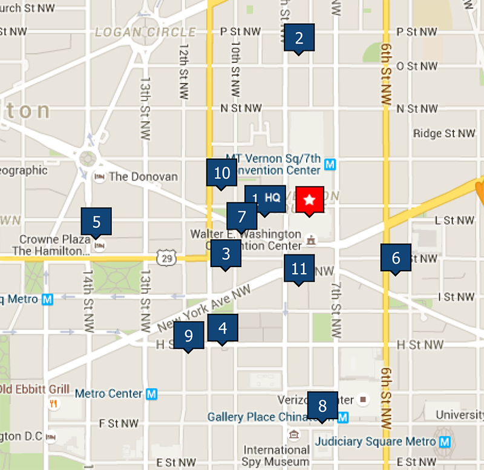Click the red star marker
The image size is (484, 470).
310,199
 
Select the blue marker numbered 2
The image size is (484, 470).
299,38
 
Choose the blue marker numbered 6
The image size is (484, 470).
396,258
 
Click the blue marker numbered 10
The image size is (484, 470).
222,173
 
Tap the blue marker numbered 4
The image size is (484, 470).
223,328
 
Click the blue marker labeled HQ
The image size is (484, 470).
272,198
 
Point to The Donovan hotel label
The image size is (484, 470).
143,177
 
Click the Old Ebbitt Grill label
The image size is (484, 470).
34,389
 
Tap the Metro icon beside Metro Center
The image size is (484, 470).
152,394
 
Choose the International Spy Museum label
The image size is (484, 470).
276,456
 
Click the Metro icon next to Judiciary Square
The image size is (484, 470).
445,442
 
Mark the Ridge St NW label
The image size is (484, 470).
444,133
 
